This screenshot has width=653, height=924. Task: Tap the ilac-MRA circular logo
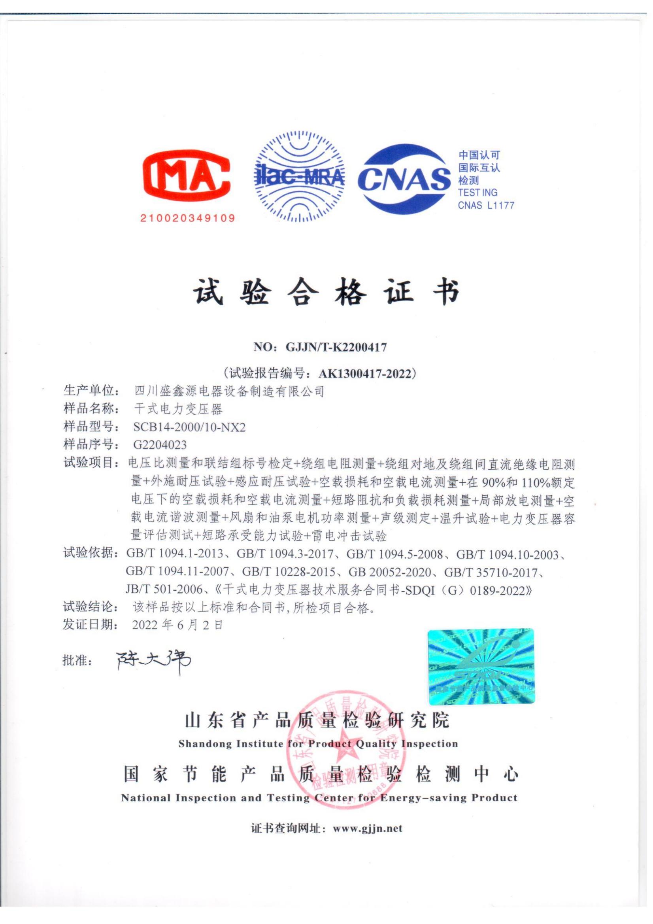coord(300,177)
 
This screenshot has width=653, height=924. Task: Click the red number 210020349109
coord(187,219)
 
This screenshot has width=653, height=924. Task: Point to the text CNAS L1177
coord(486,206)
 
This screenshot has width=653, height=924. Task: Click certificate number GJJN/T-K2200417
coord(336,347)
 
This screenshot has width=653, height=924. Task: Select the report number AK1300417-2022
coord(365,374)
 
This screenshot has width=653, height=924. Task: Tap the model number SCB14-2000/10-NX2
coord(189,427)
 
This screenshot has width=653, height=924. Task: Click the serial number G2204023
coord(160,445)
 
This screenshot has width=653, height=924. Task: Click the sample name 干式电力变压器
coord(178,409)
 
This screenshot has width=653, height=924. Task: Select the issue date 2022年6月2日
coord(177,625)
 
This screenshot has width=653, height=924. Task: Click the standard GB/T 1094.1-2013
coord(175,555)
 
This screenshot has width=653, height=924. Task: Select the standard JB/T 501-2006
coord(163,590)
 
